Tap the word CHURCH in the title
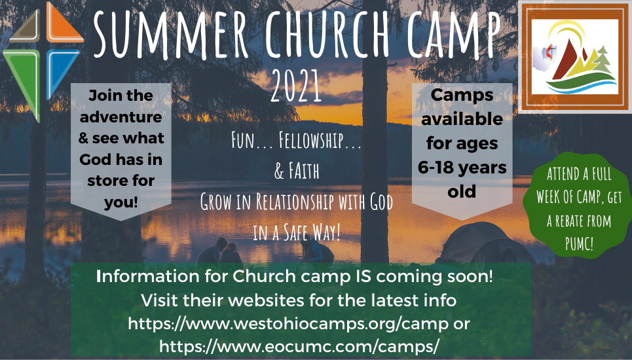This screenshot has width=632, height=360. pos(327,35)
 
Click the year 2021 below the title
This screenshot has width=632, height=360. pos(296,86)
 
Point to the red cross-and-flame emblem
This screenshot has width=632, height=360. pos(550,52)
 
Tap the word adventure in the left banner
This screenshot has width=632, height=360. pos(121,117)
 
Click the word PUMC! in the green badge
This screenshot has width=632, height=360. pos(579,243)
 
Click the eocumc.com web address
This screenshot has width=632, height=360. pos(299,346)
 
